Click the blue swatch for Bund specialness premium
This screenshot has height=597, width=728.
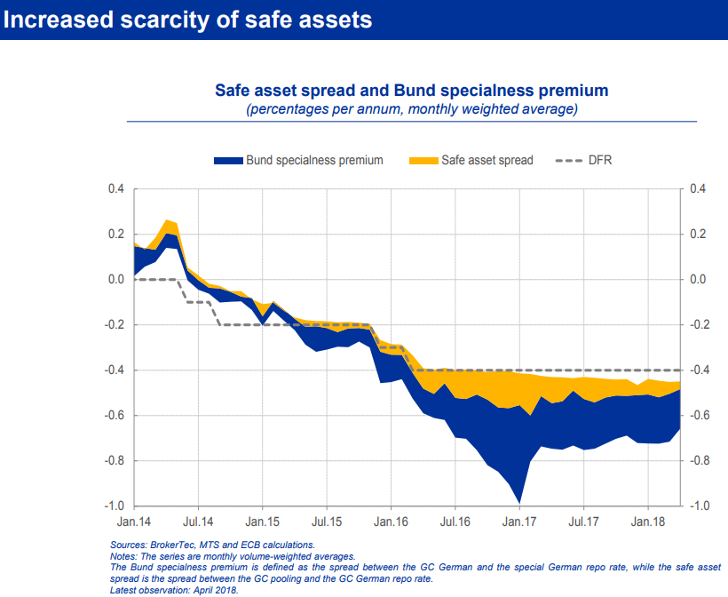(x=228, y=161)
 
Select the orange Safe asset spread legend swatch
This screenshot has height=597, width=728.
(x=423, y=161)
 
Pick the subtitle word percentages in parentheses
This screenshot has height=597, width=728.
(x=289, y=109)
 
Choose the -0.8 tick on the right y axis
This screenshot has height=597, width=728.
(x=699, y=461)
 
